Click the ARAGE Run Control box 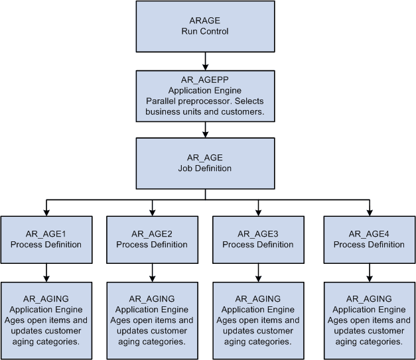tap(205, 26)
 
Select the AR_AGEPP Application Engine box tap(205, 96)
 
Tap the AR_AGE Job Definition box tap(205, 162)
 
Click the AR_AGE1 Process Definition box tap(46, 239)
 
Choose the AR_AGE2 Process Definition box tap(152, 239)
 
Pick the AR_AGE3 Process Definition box tap(257, 239)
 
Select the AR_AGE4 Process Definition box tap(369, 239)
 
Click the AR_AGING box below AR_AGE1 tap(46, 320)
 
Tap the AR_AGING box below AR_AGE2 tap(152, 320)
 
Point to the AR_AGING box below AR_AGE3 tap(257, 320)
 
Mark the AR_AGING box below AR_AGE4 tap(369, 320)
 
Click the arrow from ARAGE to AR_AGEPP tap(205, 60)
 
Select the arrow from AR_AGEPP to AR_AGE tap(205, 129)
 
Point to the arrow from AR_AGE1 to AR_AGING tap(46, 272)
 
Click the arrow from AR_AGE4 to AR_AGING tap(369, 272)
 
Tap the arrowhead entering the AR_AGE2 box tap(152, 212)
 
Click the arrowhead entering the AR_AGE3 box tap(257, 212)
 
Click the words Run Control tap(205, 31)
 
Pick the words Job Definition tap(205, 168)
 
